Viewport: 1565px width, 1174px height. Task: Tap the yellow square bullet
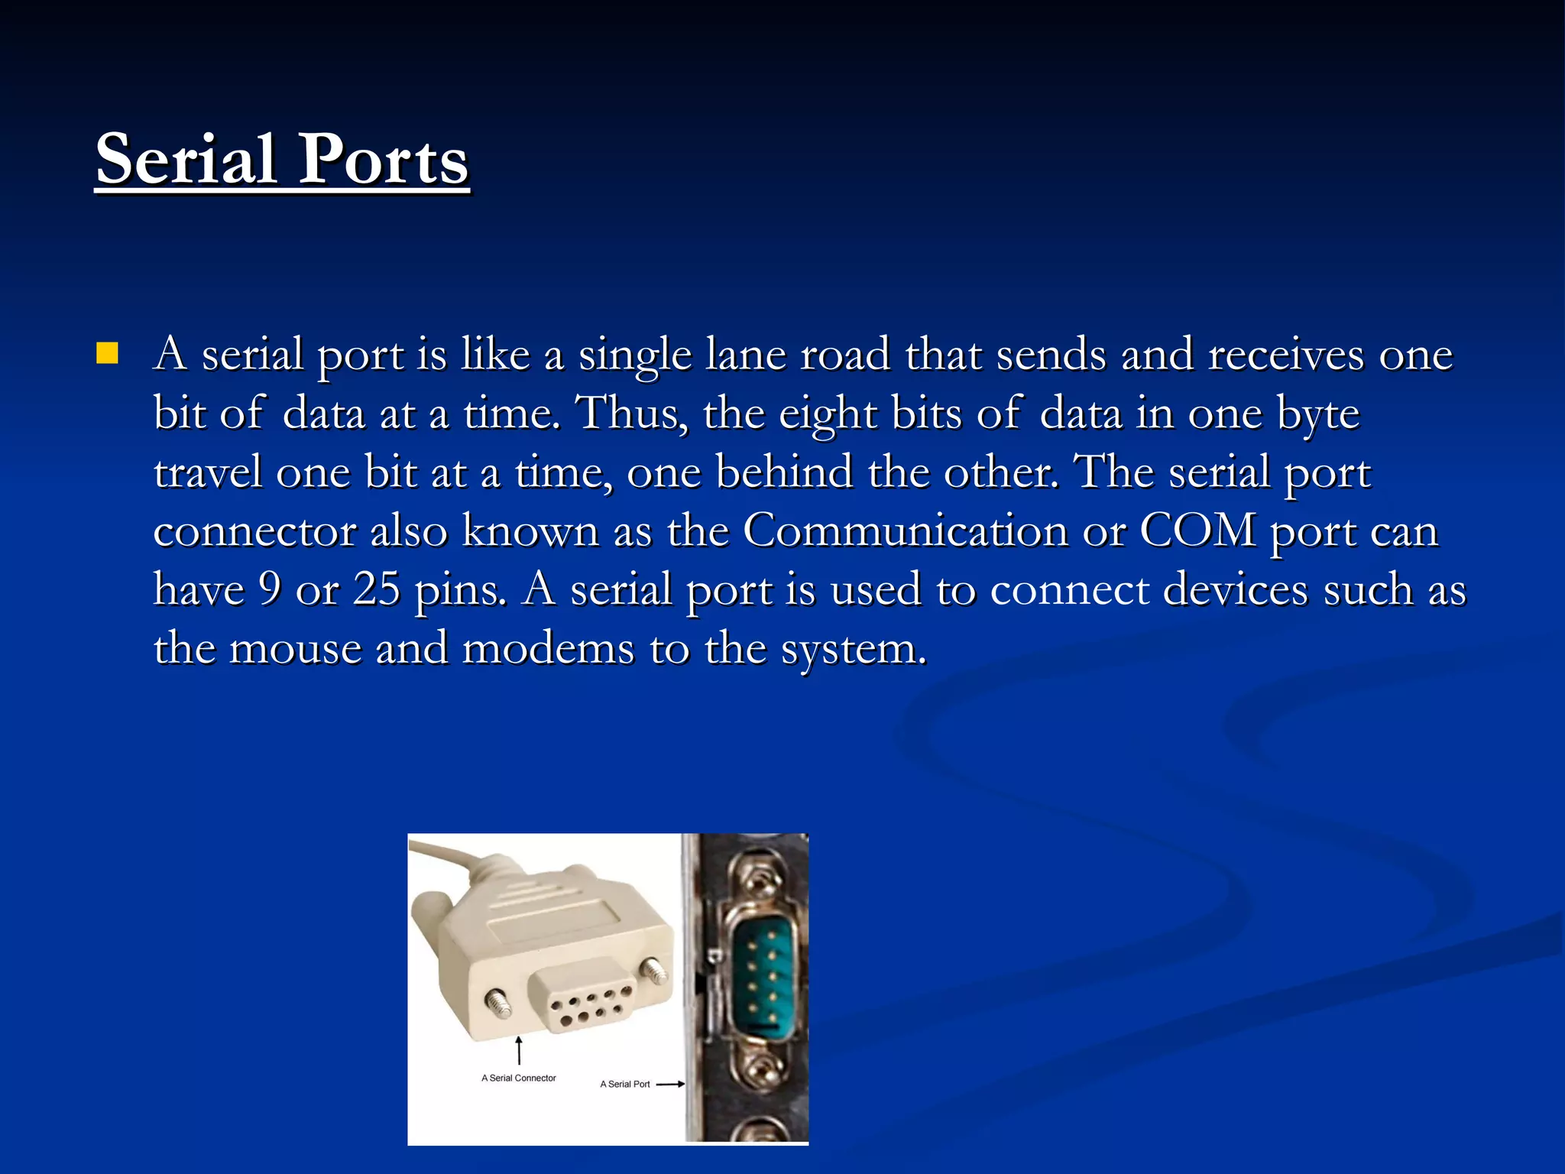(107, 353)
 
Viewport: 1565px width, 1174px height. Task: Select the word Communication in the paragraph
(905, 530)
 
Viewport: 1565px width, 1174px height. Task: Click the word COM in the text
(1197, 530)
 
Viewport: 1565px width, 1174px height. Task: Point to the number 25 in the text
(376, 589)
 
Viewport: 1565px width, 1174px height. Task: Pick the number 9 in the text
(270, 589)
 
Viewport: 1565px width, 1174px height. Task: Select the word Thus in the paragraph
(630, 413)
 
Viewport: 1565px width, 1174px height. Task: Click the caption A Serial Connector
(519, 1078)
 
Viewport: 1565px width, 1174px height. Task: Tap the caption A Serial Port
(624, 1084)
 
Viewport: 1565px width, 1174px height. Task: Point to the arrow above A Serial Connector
(519, 1049)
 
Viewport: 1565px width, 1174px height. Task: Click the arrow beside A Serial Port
(670, 1084)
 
